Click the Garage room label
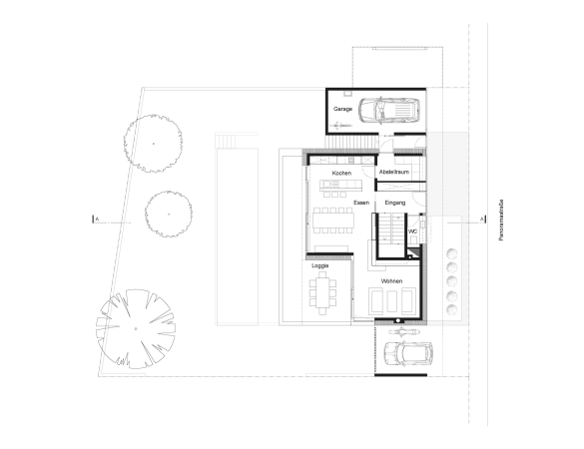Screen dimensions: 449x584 (343, 108)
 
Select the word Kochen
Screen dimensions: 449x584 (341, 174)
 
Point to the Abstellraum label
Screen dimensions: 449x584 (394, 174)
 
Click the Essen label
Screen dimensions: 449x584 (361, 203)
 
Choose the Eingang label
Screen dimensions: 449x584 (395, 203)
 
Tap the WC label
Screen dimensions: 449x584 (412, 231)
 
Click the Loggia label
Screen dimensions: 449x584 (320, 267)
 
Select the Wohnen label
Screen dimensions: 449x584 (391, 281)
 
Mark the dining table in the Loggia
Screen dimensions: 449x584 (323, 292)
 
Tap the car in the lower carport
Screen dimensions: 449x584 (405, 354)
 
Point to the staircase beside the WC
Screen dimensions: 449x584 (388, 236)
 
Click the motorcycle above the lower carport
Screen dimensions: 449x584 (401, 329)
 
